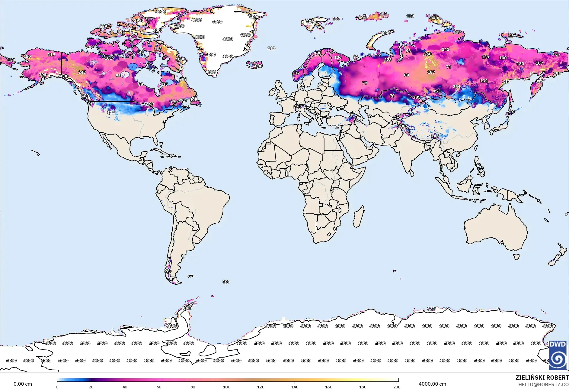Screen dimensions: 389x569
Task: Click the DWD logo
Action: tap(557, 355)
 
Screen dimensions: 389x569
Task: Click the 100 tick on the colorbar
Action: tap(227, 387)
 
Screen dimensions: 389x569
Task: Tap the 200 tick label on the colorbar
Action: tap(397, 387)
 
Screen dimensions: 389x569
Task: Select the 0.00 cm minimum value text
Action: tap(23, 384)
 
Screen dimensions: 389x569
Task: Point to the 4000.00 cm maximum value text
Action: tap(432, 384)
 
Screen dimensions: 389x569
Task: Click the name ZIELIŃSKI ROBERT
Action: tap(542, 378)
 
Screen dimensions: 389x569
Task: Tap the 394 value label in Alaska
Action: tap(43, 75)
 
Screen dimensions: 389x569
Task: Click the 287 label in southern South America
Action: tap(168, 271)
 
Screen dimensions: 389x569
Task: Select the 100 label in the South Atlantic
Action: tap(226, 281)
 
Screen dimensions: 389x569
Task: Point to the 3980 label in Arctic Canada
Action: tap(139, 21)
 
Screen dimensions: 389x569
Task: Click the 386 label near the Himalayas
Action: tap(404, 126)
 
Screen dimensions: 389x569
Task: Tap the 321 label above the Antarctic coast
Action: tap(431, 309)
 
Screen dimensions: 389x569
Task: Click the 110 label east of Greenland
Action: tap(271, 48)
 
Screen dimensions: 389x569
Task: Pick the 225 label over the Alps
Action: tap(296, 107)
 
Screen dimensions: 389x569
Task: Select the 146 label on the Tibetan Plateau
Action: tap(435, 136)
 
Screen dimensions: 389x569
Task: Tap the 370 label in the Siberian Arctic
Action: tap(434, 18)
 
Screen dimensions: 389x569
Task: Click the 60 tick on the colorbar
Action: tap(159, 387)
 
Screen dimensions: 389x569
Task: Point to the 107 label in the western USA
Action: tap(111, 112)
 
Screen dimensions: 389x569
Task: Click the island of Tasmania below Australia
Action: tap(516, 257)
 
